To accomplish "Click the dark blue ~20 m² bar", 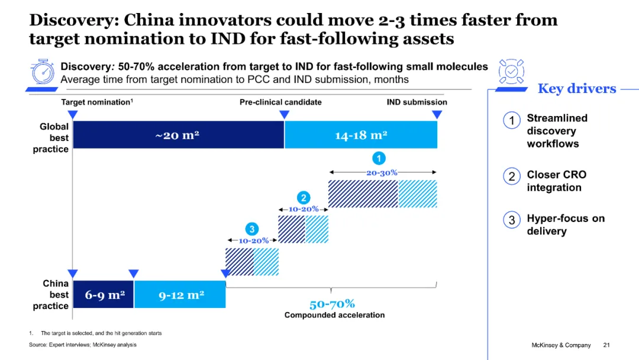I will [x=177, y=135].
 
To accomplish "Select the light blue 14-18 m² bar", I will [x=361, y=135].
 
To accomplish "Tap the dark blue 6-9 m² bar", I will [x=104, y=295].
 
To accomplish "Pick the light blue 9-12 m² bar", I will [x=180, y=295].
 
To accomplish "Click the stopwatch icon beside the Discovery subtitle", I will [x=43, y=72].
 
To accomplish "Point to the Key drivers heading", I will [x=576, y=89].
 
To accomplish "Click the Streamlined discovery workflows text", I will [x=553, y=131].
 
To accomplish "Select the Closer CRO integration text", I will [x=556, y=181].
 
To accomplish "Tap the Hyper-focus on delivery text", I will [x=566, y=225].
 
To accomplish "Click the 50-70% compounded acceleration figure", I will [x=333, y=304].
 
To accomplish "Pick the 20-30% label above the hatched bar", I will [x=382, y=173].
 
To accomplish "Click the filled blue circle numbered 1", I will [x=379, y=158].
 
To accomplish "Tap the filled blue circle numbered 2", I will [x=303, y=198].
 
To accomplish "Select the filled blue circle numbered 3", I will [x=252, y=229].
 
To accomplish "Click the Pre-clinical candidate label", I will [x=280, y=102].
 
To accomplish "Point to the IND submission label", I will [x=417, y=102].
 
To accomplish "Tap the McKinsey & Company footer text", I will [x=561, y=345].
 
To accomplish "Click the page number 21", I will [x=606, y=345].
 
